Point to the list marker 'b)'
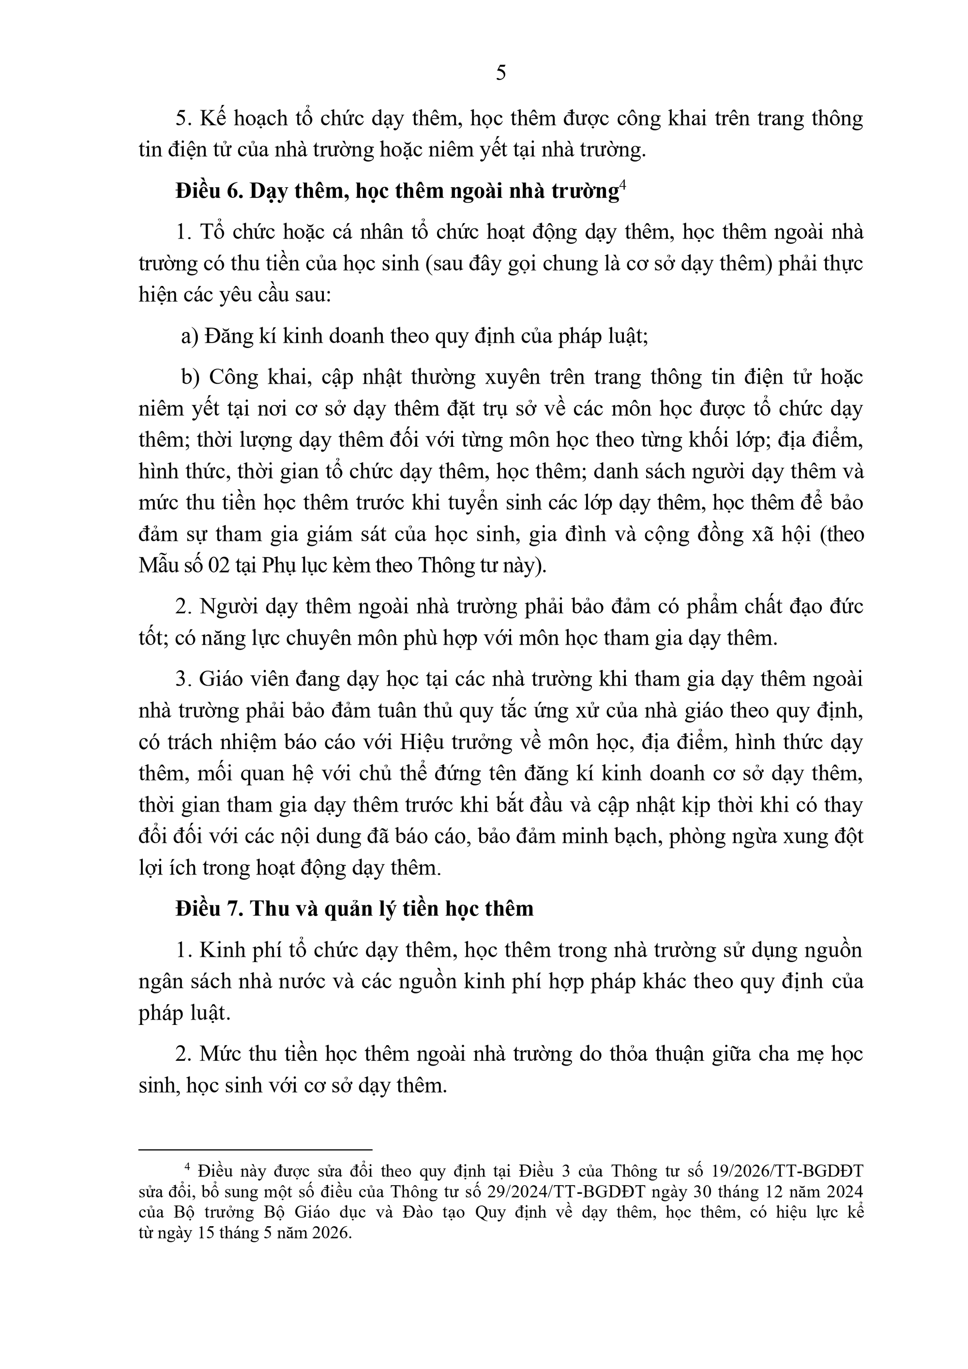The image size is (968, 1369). [x=190, y=377]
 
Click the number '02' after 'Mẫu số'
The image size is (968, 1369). [x=219, y=565]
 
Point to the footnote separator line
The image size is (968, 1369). [x=255, y=1149]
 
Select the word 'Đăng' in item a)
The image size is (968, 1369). [x=225, y=337]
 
